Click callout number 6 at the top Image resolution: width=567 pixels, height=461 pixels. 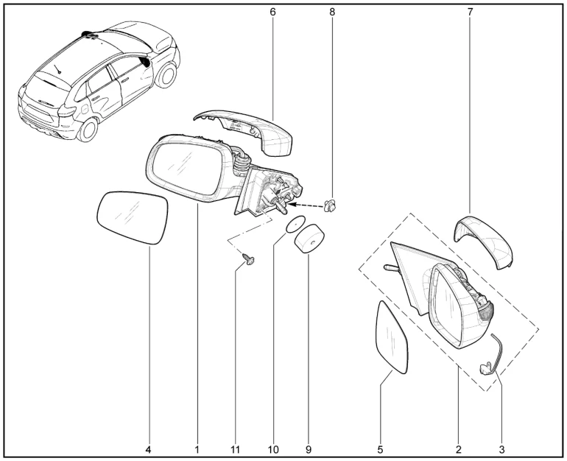coord(272,12)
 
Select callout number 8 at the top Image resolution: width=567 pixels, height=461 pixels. coord(332,12)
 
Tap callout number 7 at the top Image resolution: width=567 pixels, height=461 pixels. coord(470,12)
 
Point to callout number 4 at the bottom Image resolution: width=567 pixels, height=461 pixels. coord(148,450)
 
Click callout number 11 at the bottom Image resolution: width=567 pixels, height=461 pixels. coord(235,450)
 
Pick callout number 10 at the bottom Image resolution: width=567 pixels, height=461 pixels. coord(273,450)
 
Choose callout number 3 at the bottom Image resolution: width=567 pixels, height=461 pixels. coord(501,450)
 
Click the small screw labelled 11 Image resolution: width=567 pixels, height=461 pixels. coord(248,258)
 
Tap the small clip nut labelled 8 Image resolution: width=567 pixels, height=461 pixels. coord(331,206)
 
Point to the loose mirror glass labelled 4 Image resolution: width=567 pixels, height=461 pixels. coord(133,218)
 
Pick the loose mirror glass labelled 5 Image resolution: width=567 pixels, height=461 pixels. coord(392,338)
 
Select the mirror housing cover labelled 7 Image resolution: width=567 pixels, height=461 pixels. coord(484,242)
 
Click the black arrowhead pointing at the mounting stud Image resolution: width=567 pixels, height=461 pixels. coord(292,205)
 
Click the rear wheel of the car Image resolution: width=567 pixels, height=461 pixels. coord(88,130)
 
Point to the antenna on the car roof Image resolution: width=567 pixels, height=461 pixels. coord(57,68)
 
